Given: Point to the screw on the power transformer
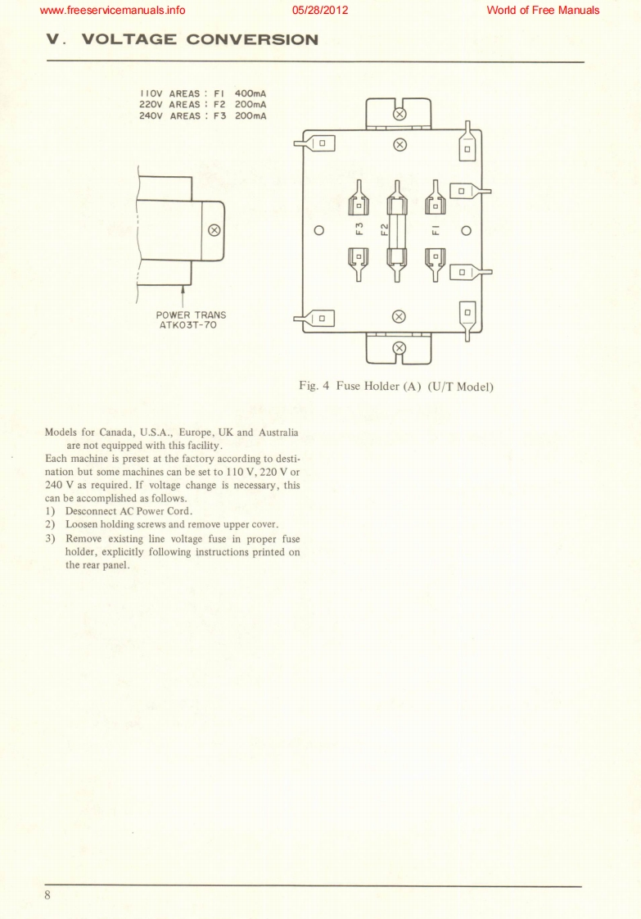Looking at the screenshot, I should tap(214, 230).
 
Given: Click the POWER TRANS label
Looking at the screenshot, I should tap(191, 315).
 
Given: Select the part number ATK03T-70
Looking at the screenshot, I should tap(191, 325).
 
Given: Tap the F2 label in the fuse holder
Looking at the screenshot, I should tap(384, 230).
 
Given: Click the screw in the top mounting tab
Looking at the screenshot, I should tap(399, 114).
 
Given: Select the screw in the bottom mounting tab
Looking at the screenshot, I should tap(399, 347).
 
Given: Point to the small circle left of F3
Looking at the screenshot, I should tap(322, 230).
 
